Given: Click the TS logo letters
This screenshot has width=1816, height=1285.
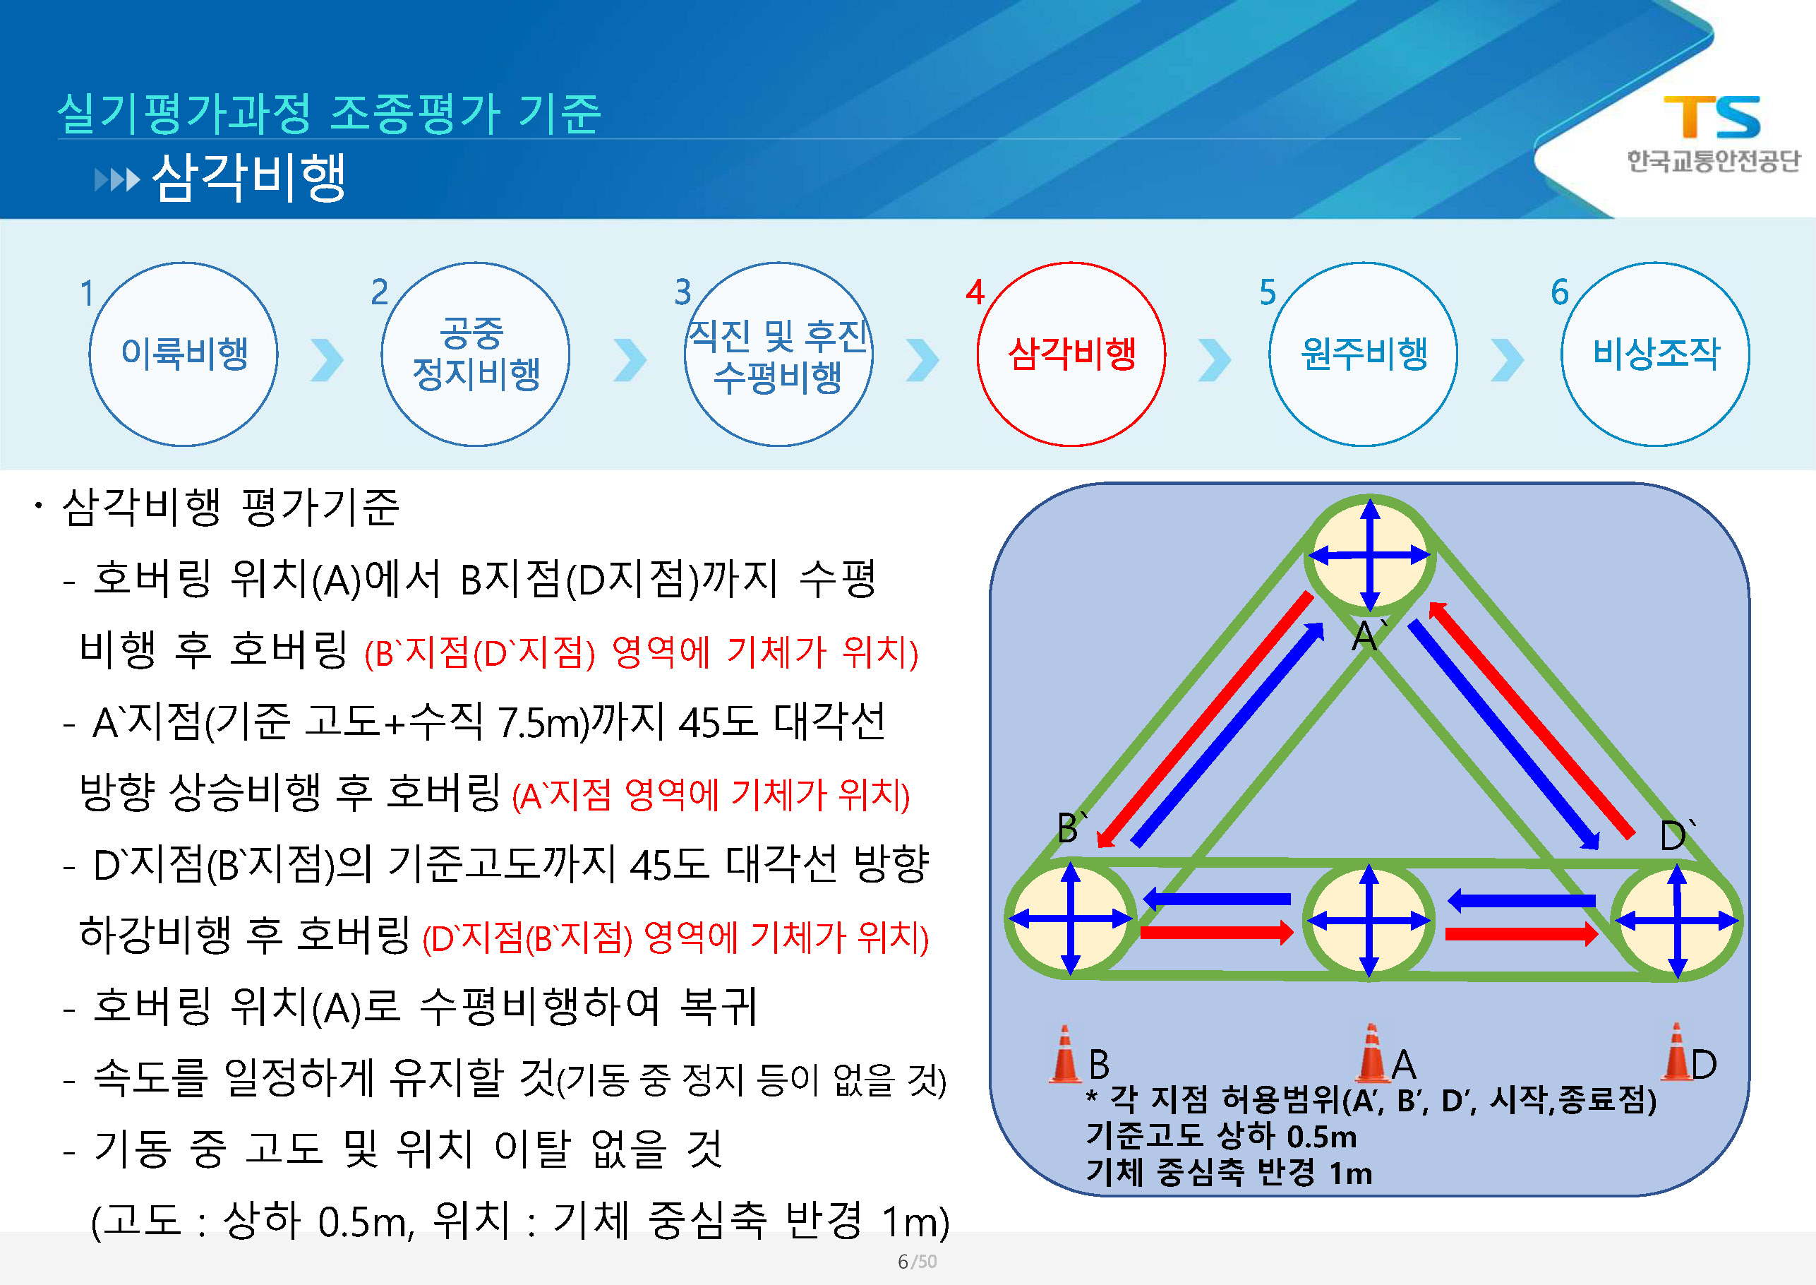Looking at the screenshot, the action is coord(1712,116).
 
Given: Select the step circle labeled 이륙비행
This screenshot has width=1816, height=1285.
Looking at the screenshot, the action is coord(184,354).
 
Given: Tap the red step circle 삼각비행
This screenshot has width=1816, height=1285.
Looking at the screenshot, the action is coord(1071,354).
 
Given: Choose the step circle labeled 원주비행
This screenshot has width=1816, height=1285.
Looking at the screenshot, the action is coord(1363,354).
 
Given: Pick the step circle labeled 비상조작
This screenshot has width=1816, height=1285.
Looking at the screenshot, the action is coord(1656,354).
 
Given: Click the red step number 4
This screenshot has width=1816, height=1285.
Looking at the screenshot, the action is coord(975,292).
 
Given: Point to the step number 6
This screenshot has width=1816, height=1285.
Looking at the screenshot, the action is coord(1559,292).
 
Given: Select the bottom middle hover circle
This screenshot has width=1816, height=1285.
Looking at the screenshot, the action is coord(1369,920).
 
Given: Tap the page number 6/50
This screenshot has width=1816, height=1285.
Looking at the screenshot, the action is coord(917,1261).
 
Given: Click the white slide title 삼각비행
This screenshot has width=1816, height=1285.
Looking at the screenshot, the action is coord(248,177).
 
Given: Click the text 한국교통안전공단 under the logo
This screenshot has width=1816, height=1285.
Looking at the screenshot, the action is coord(1712,161).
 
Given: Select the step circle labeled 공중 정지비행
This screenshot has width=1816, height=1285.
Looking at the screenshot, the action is coord(476,354).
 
